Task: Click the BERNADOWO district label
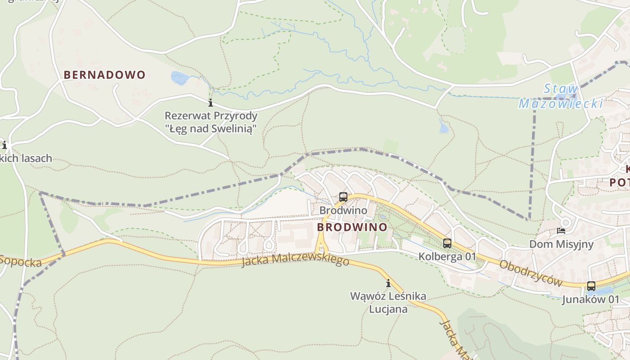point(105,75)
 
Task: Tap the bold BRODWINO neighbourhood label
point(352,227)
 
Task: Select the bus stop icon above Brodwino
point(343,197)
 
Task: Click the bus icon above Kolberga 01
point(447,243)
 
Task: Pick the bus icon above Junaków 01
point(591,286)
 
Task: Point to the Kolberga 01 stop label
point(447,256)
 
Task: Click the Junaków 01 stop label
point(590,299)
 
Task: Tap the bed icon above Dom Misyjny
point(561,231)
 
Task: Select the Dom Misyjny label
point(561,244)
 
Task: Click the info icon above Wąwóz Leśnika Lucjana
point(388,283)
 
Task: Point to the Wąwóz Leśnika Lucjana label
point(388,302)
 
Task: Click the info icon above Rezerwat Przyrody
point(210,103)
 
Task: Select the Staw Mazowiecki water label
point(561,96)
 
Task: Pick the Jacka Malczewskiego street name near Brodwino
point(295,261)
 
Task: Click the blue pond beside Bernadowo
point(180,78)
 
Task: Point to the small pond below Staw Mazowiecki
point(444,127)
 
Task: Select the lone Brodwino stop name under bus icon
point(343,210)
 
